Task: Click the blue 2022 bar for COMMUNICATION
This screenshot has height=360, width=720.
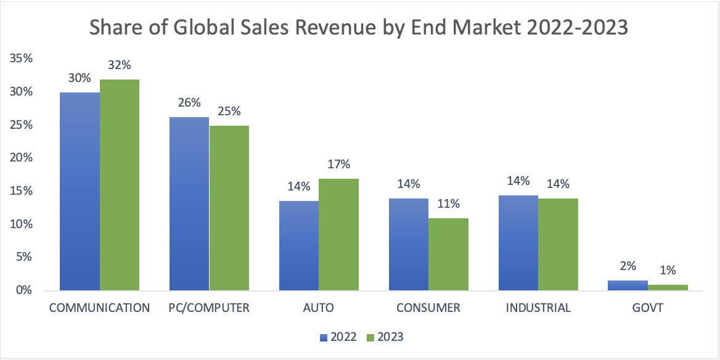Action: coord(80,191)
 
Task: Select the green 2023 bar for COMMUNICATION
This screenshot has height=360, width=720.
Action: coord(120,185)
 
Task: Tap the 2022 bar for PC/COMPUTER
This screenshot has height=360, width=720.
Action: coord(189,203)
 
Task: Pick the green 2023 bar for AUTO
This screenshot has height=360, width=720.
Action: coord(338,234)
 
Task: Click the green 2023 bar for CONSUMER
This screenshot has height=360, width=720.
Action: coord(448,254)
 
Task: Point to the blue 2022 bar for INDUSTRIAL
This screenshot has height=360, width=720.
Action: coord(518,243)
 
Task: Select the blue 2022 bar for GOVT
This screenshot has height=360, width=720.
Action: coord(628,285)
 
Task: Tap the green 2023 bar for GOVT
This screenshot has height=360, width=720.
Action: coord(668,287)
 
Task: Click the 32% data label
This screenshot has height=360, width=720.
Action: coord(120,65)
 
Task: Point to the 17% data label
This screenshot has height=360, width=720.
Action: coord(339,165)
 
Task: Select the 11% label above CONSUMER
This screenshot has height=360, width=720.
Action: coord(448,204)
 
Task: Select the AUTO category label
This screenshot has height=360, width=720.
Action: coord(319,308)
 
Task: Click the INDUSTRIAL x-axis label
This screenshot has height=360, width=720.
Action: coord(538,308)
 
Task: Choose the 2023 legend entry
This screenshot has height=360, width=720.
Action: coord(386,337)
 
